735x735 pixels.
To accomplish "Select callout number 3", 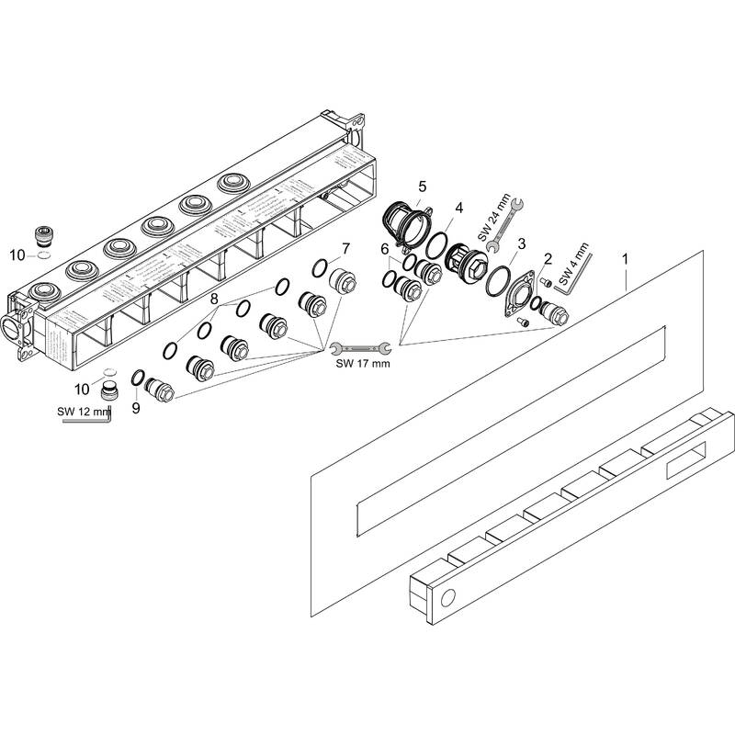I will pos(521,243).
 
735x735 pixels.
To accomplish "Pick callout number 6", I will pos(386,250).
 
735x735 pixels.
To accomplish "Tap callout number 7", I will pos(345,249).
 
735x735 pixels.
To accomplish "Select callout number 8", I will pos(214,299).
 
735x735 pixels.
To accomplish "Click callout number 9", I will pos(136,407).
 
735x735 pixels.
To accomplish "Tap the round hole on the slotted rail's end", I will pos(447,600).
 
